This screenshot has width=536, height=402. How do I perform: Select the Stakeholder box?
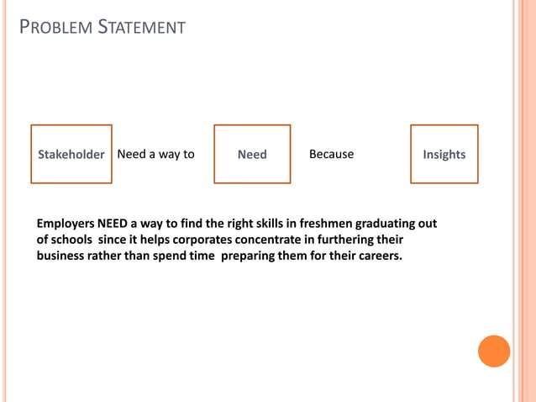pos(71,154)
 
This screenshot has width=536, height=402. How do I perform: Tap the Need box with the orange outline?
pos(252,154)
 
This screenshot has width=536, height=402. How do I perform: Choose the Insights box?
pos(444,154)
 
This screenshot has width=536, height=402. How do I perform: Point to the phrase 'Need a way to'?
pos(155,154)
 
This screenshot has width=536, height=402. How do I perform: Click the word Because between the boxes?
pos(331,154)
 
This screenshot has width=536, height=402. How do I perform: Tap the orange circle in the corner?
pos(494,351)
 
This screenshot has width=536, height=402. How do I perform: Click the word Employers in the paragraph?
pos(66,224)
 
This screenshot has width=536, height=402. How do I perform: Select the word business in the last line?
pos(62,256)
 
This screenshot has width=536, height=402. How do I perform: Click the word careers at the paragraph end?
pos(379,256)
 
